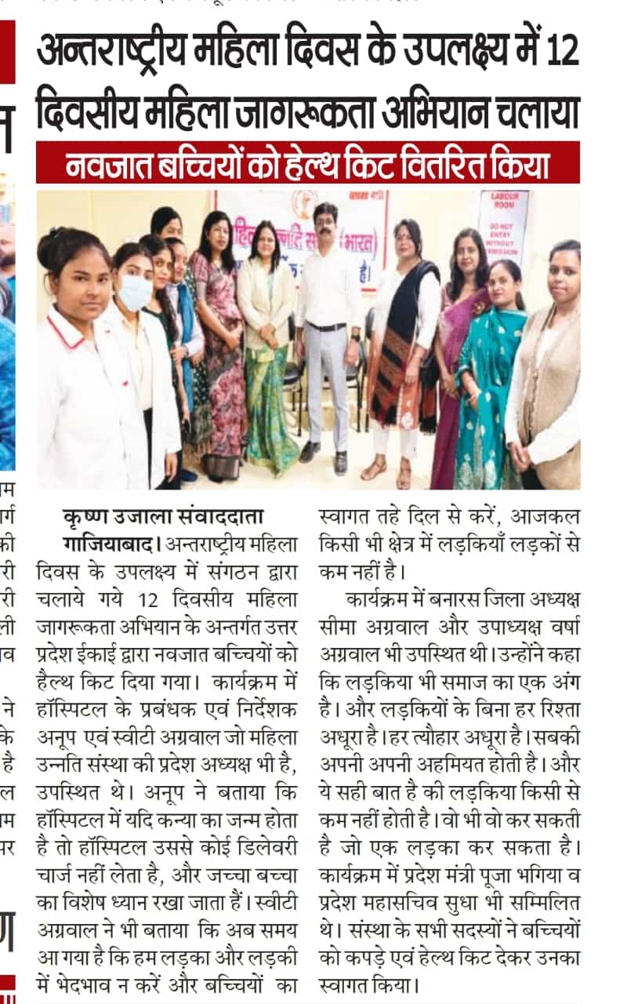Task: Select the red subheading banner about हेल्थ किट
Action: coord(307,163)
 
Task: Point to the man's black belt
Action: coord(328,326)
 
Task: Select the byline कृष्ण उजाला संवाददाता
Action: coord(162,517)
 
